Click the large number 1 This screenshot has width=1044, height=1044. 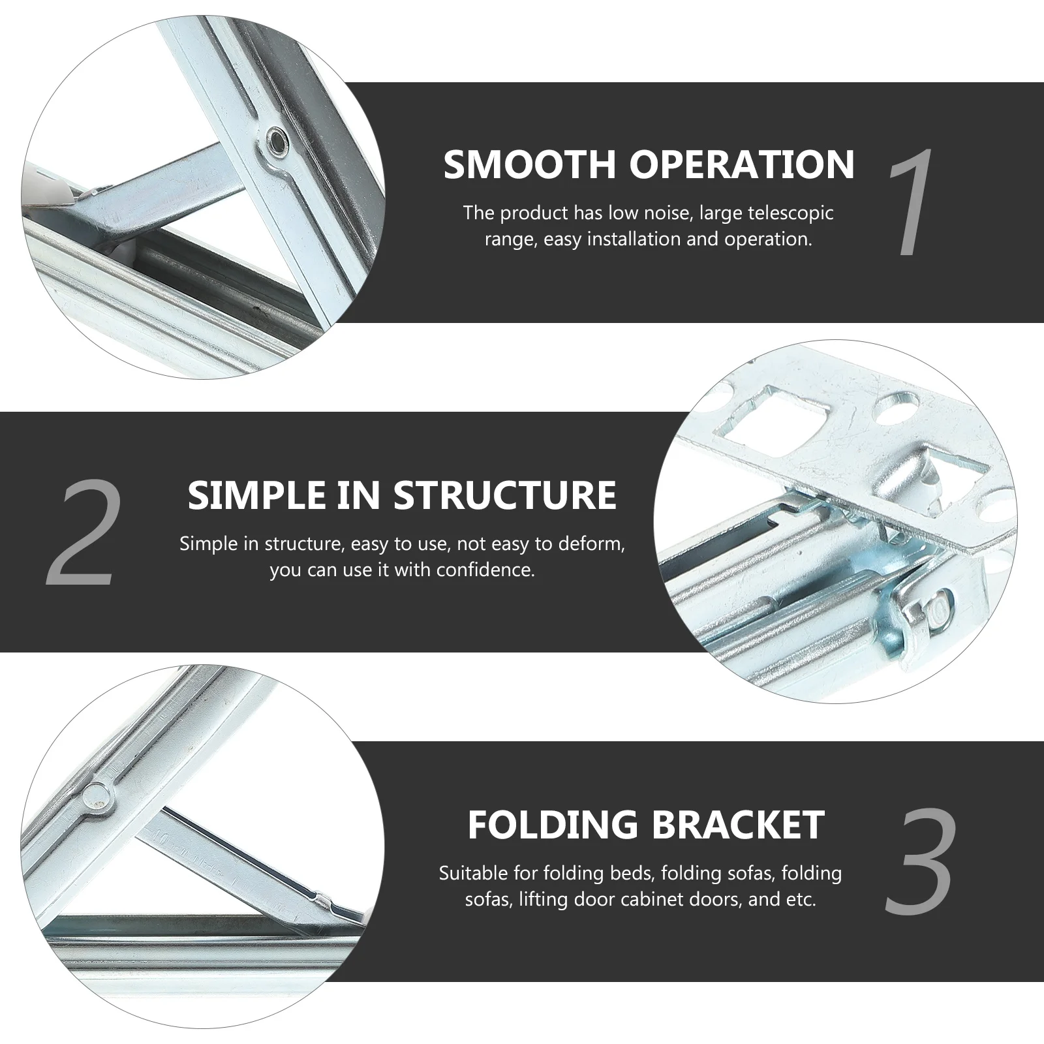tap(912, 202)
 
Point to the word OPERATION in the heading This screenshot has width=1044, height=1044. tap(741, 164)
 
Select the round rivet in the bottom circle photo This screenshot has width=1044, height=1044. tap(98, 793)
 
